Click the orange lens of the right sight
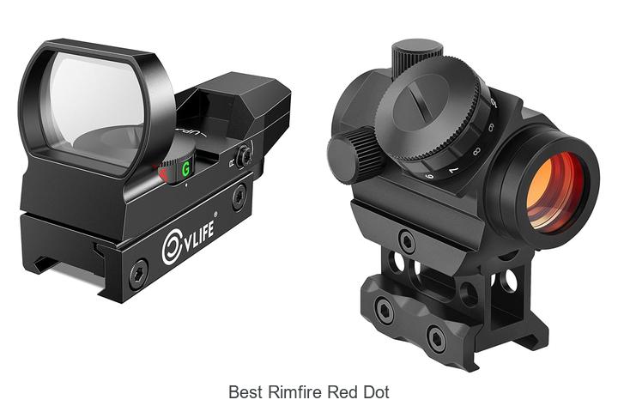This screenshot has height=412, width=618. (x=555, y=191)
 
